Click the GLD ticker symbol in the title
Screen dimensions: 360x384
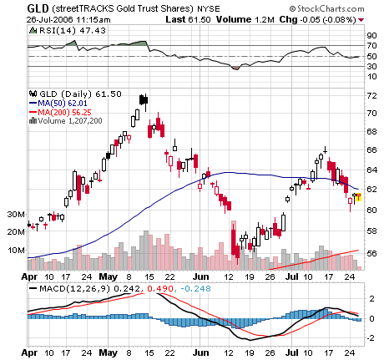[36, 7]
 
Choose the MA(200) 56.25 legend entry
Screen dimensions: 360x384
[63, 112]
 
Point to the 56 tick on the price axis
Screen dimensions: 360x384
[372, 254]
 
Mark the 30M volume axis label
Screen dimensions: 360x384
[14, 214]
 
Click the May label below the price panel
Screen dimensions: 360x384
[108, 275]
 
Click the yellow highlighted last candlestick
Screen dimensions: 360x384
[358, 198]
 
